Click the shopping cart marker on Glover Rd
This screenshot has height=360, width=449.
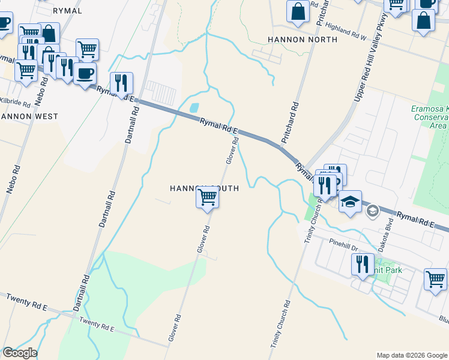pyautogui.click(x=207, y=197)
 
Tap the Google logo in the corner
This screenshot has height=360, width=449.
pyautogui.click(x=20, y=353)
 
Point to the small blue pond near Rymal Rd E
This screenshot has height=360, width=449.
pyautogui.click(x=194, y=109)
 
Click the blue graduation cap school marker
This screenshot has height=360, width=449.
pyautogui.click(x=350, y=202)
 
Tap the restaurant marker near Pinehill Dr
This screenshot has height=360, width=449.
pyautogui.click(x=362, y=264)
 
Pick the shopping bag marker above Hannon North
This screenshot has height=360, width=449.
pyautogui.click(x=298, y=11)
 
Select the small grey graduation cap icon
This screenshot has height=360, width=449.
pyautogui.click(x=372, y=211)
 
